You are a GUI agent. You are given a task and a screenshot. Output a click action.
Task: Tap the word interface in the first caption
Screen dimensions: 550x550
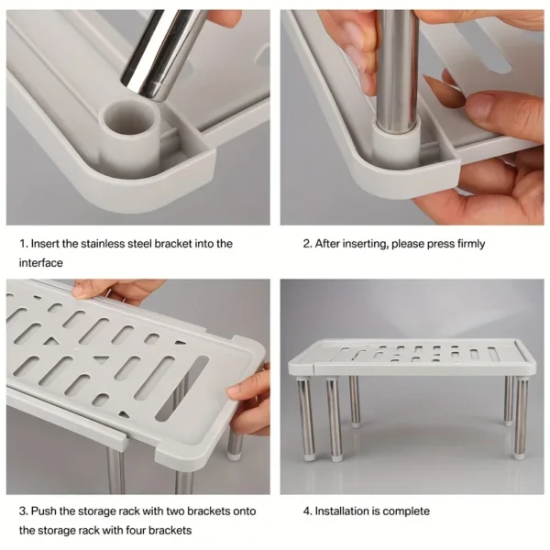[42, 263]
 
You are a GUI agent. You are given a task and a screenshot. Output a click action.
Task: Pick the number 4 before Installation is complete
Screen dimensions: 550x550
[307, 511]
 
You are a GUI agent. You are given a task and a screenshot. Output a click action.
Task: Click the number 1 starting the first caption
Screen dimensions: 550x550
[23, 244]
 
